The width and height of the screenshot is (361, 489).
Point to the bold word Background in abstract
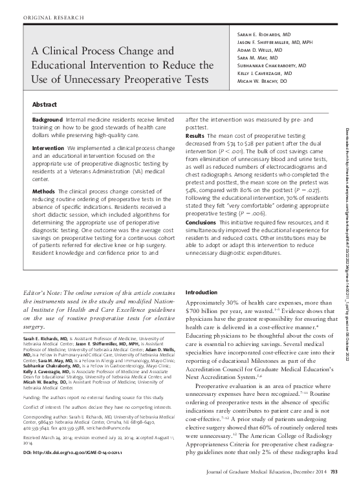(x=49, y=121)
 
